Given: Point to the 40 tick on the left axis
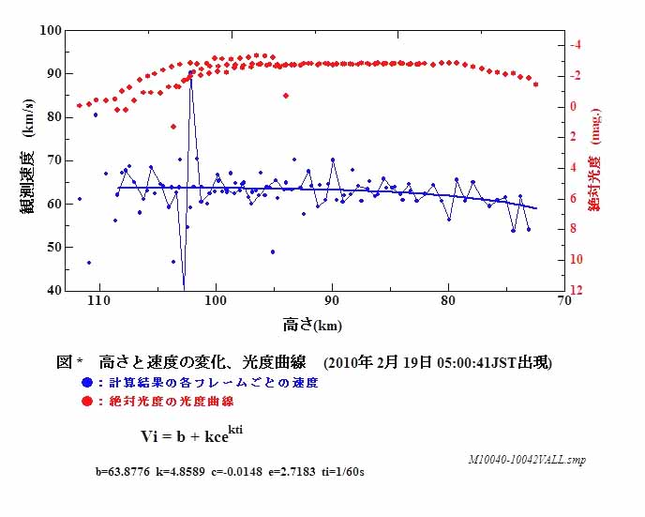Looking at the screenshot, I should click(x=53, y=291).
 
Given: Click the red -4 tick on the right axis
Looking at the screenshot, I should click(x=577, y=44).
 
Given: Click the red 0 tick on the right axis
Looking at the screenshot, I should click(x=574, y=106).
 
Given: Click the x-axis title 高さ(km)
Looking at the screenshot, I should click(x=311, y=326).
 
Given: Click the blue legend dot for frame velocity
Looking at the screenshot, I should click(x=87, y=383).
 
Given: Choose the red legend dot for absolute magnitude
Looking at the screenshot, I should click(x=87, y=401).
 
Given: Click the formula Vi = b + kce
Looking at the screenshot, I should click(x=192, y=434).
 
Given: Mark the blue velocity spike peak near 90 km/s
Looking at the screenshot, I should click(x=191, y=71).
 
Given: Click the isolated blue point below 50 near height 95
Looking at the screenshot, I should click(x=273, y=251).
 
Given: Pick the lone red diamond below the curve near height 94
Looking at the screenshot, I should click(x=285, y=95).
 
